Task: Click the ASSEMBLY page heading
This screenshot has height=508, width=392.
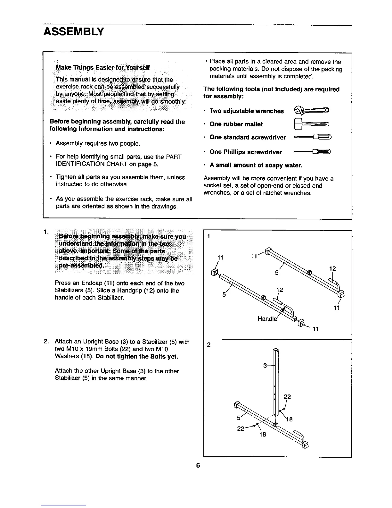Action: (74, 32)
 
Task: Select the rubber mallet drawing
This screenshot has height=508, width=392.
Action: (310, 124)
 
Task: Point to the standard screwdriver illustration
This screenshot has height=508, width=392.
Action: (312, 138)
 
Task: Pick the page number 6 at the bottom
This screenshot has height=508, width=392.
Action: (198, 466)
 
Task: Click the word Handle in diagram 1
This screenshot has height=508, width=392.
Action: (267, 319)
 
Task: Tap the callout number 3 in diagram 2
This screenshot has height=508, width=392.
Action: (265, 366)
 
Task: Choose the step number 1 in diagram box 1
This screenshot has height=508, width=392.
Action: (208, 237)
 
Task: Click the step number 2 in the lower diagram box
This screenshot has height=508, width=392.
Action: (208, 345)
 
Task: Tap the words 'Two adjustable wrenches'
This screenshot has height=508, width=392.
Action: (246, 111)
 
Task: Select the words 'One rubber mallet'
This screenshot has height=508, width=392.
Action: (236, 124)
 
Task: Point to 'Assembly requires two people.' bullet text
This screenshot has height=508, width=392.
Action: (98, 143)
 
